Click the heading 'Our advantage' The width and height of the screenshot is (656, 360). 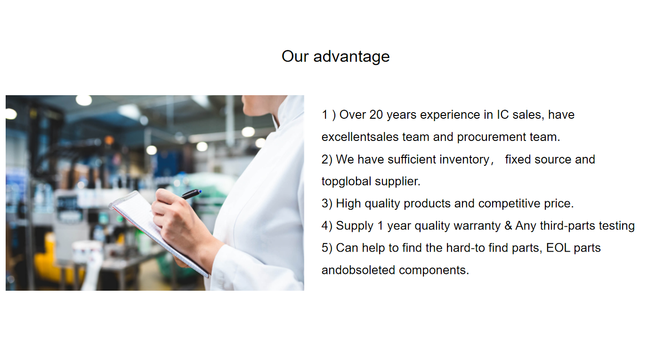[336, 57]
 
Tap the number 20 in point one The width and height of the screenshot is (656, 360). [376, 115]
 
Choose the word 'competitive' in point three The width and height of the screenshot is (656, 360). [509, 204]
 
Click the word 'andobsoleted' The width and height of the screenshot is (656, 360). [358, 270]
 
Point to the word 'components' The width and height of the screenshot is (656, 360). [434, 270]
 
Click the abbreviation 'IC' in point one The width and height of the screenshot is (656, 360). [503, 115]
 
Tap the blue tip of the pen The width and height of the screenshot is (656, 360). [200, 192]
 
